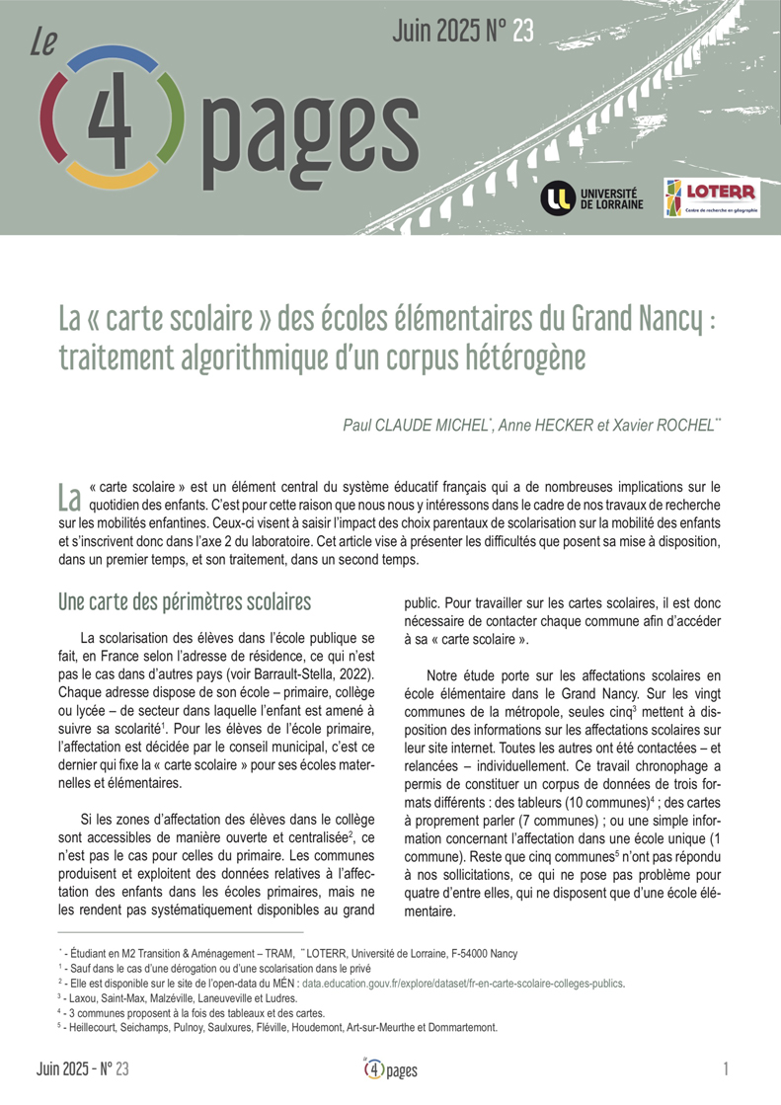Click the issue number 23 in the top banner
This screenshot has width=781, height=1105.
pos(522,32)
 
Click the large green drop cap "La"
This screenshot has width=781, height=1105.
pos(68,493)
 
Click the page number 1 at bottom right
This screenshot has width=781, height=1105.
pos(726,1069)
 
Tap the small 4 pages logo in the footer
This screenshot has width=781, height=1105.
pos(390,1069)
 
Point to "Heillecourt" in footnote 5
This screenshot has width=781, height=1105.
pos(97,1027)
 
